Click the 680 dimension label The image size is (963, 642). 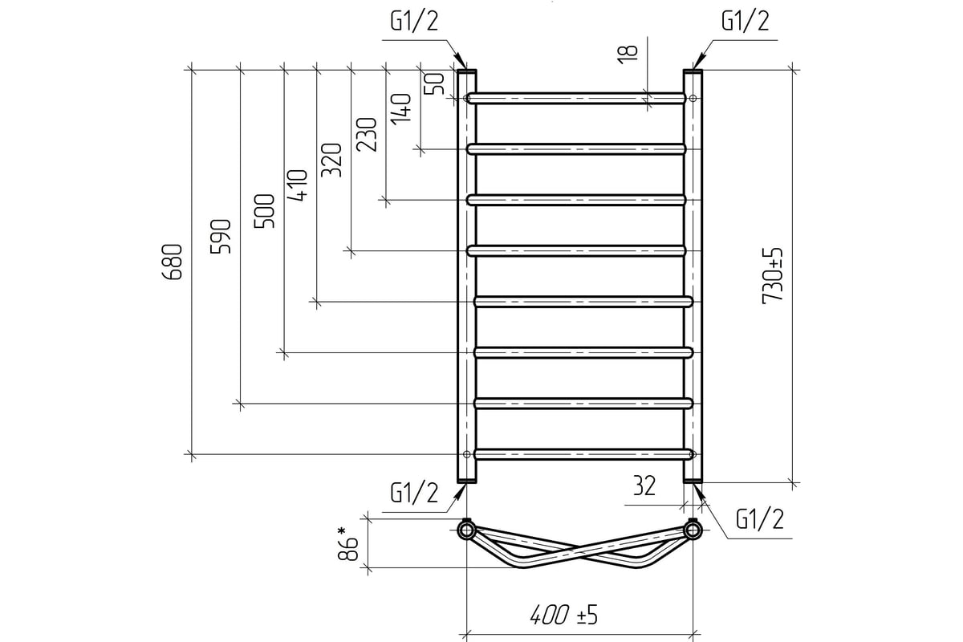click(x=173, y=262)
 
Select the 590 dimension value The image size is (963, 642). click(x=221, y=237)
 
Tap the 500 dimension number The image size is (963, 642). click(x=264, y=211)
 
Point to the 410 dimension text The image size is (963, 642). click(x=298, y=185)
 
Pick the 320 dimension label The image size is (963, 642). click(x=331, y=160)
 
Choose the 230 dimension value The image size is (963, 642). click(x=367, y=135)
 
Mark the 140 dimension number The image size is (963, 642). click(x=400, y=109)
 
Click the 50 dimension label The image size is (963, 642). click(x=434, y=83)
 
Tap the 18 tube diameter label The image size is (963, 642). click(x=628, y=55)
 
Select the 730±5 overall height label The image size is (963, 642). click(x=773, y=276)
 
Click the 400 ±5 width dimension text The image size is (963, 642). click(x=564, y=615)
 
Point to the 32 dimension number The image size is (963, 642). click(x=644, y=486)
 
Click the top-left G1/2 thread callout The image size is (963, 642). click(x=414, y=21)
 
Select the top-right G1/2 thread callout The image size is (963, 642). click(x=746, y=21)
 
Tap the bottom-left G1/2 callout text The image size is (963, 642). click(x=414, y=493)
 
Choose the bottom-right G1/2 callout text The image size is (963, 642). click(x=760, y=519)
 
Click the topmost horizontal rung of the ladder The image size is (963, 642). click(x=576, y=99)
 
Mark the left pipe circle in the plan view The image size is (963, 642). click(x=466, y=530)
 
